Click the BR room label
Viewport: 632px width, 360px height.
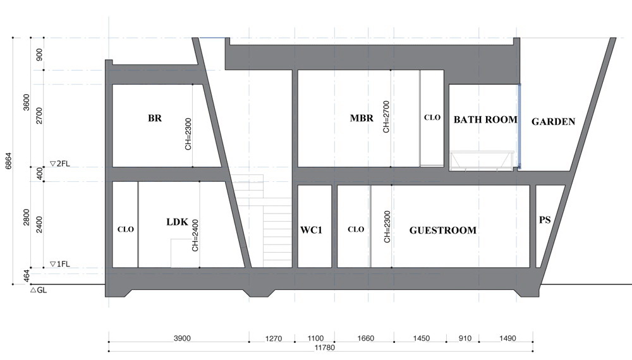point(155,118)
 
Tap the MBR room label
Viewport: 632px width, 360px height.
point(362,118)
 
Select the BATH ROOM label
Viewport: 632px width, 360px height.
point(485,119)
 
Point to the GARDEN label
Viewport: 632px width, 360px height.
point(553,122)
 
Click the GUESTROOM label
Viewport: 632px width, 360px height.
point(442,231)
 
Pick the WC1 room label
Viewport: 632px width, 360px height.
point(311,231)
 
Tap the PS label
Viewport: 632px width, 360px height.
point(545,220)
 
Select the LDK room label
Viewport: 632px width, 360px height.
point(178,222)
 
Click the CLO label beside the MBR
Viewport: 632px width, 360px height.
point(432,117)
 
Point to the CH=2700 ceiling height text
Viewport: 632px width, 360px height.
point(386,117)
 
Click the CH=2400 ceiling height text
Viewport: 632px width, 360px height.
point(195,235)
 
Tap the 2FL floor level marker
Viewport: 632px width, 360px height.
point(59,164)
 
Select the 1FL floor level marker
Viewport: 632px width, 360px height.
point(59,264)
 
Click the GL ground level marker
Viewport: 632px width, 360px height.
point(39,290)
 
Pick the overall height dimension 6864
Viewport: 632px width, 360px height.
point(9,160)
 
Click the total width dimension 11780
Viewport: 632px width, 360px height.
point(324,347)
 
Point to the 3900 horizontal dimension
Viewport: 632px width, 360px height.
point(182,339)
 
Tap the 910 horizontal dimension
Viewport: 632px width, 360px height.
point(465,339)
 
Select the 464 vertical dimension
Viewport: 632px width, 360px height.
point(27,276)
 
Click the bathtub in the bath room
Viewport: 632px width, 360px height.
point(482,160)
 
